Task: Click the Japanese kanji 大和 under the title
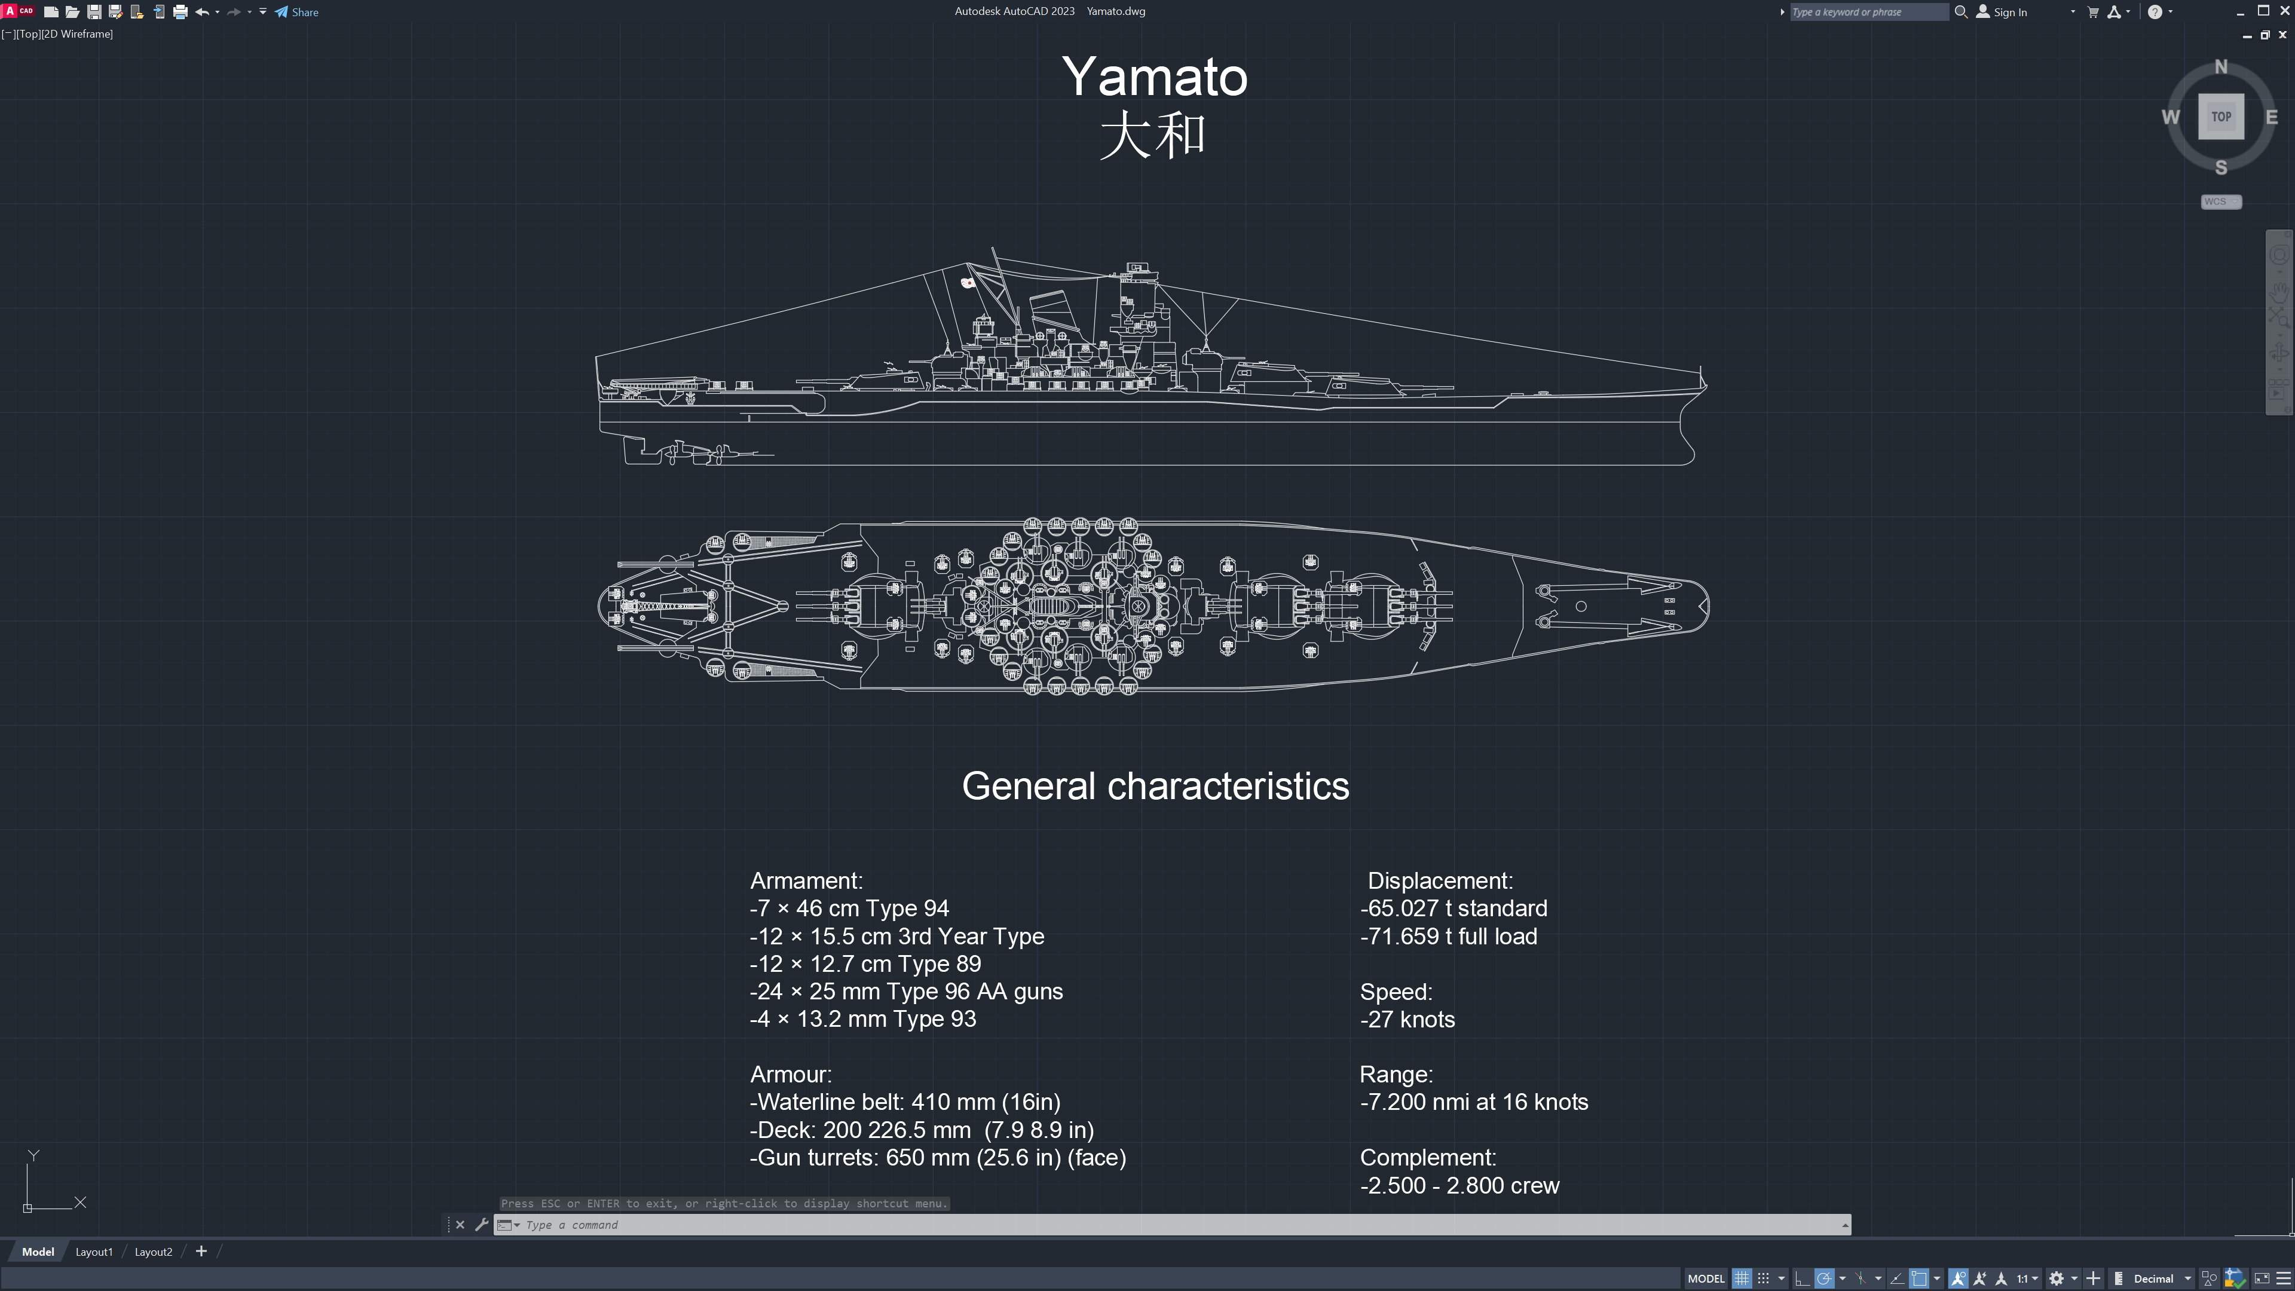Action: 1153,136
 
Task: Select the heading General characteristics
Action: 1155,787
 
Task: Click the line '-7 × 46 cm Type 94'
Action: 849,908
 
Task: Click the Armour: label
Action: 791,1075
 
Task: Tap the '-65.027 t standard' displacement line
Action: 1454,908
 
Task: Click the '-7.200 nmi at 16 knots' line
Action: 1474,1103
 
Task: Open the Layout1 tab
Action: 94,1252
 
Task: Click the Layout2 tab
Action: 153,1252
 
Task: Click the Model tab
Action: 38,1252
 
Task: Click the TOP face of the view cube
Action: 2221,117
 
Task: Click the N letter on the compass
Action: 2221,67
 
